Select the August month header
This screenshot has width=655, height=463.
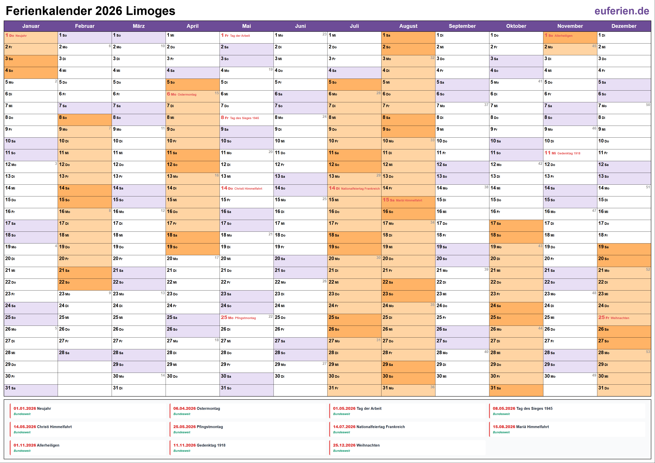tap(408, 26)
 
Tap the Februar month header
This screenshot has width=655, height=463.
tap(85, 26)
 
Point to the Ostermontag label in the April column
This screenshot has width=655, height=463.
tap(187, 95)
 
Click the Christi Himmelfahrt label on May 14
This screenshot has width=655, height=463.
tap(248, 189)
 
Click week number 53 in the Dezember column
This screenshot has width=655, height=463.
tap(648, 352)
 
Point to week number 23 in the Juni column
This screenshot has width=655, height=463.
tap(324, 34)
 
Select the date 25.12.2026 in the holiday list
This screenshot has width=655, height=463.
tap(344, 445)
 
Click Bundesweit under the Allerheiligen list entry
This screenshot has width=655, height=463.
tap(22, 451)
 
